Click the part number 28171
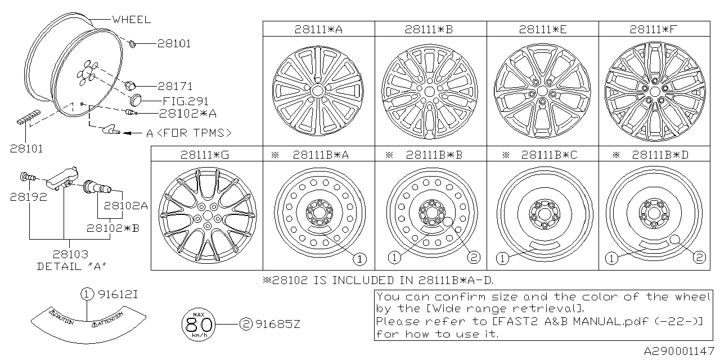tap(175, 87)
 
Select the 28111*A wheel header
tap(319, 29)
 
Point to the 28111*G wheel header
tap(206, 154)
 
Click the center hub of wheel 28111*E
tap(542, 90)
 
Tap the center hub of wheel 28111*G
tap(207, 215)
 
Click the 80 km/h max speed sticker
tap(199, 325)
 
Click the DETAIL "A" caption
tap(71, 266)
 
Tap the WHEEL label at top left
tap(131, 20)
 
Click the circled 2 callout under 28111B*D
tap(699, 258)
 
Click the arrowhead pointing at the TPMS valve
tap(127, 133)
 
